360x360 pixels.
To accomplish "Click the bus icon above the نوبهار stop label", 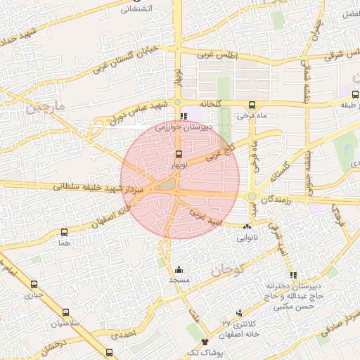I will (179, 154).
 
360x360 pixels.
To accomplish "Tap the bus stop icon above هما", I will (65, 232).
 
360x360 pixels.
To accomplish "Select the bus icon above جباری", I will (34, 285).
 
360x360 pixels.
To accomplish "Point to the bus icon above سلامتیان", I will (65, 311).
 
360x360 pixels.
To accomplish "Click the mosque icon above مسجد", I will (179, 269).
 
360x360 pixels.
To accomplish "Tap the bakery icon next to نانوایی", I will (247, 227).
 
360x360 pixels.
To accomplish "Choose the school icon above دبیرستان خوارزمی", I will (184, 117).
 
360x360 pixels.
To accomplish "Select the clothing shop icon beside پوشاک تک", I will (205, 342).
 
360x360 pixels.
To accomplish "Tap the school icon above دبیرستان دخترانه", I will (292, 276).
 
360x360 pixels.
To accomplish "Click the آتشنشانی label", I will (137, 9).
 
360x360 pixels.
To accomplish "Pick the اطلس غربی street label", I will (217, 55).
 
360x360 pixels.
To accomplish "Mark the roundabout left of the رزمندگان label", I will (252, 196).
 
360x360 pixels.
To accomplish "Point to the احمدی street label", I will (122, 335).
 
